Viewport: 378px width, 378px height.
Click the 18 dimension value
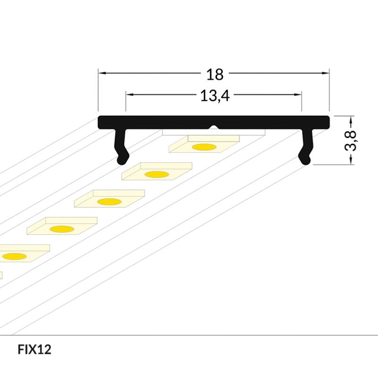[215, 75]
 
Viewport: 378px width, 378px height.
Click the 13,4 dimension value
[215, 96]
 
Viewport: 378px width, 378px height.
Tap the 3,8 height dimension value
[350, 140]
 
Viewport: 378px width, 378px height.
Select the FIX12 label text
[34, 349]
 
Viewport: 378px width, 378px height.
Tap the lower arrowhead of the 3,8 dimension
[351, 161]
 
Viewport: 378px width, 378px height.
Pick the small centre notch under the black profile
[214, 127]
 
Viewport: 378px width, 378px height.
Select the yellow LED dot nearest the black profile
[204, 147]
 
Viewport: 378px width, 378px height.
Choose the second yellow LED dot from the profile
[157, 174]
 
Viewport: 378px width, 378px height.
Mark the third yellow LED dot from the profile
[110, 202]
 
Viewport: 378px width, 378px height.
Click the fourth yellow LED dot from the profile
[62, 229]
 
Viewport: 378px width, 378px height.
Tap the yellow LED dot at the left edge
[15, 256]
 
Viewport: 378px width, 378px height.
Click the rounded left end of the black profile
[100, 122]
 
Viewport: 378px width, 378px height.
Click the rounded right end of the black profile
[328, 122]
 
